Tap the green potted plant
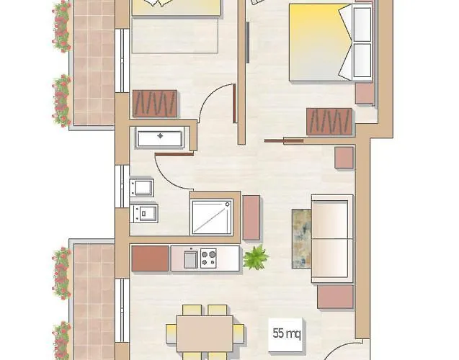(x=254, y=257)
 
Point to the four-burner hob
(x=209, y=258)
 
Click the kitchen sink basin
(x=190, y=258)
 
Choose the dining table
(x=205, y=333)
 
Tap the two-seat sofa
(x=332, y=238)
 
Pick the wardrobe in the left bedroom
(x=155, y=104)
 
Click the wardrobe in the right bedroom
(x=329, y=121)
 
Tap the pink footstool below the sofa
(x=334, y=296)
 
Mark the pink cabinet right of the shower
(x=251, y=217)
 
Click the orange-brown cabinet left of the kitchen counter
(x=150, y=258)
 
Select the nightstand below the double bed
(x=365, y=92)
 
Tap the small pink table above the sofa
(x=344, y=158)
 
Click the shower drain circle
(x=228, y=204)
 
